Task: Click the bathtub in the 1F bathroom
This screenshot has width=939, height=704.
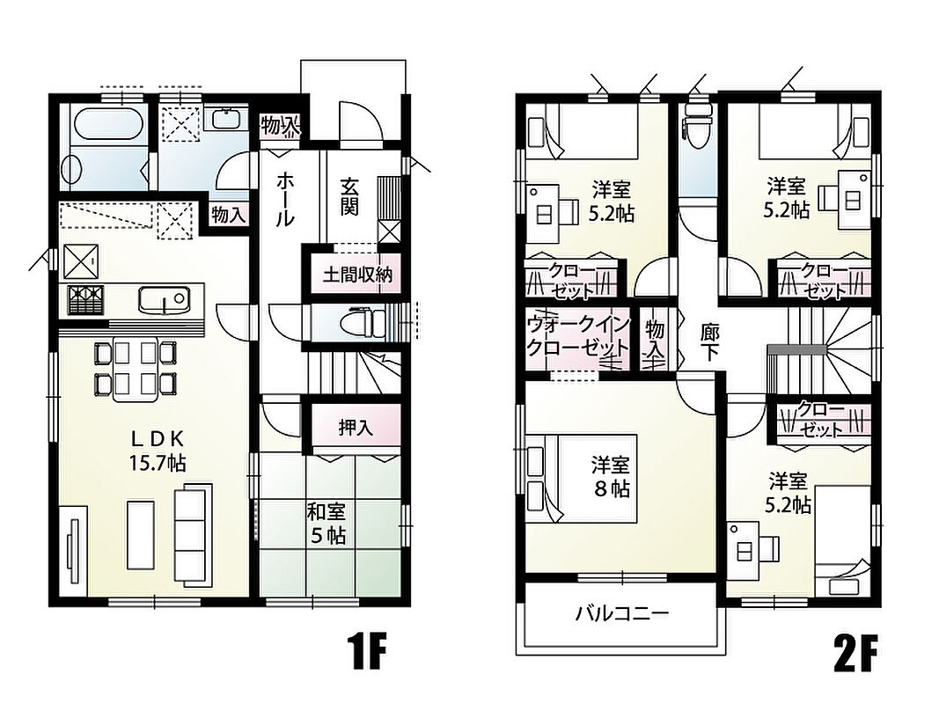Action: [109, 124]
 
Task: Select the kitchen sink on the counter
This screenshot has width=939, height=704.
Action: [165, 298]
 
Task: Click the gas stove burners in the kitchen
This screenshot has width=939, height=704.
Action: [85, 300]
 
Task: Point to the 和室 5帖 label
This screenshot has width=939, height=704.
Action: [327, 524]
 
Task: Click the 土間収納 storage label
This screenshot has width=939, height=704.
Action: [357, 275]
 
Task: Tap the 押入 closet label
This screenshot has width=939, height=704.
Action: [356, 428]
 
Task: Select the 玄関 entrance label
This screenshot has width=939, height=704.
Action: [349, 195]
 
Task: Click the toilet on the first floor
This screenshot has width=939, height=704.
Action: [363, 324]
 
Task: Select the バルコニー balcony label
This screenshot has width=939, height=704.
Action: [622, 613]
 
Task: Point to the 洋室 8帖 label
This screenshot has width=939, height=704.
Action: [611, 476]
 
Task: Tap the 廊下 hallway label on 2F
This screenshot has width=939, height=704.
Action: [709, 343]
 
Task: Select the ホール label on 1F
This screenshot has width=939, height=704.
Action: [285, 200]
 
